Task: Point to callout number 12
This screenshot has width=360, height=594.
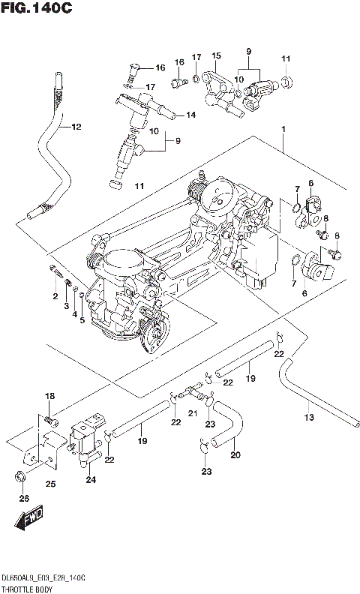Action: coord(75,127)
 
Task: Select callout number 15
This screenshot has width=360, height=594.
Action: coord(216,56)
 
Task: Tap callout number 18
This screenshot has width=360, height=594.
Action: coord(49,396)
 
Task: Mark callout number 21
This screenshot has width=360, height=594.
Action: coord(192,413)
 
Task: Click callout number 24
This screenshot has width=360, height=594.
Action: coord(91,480)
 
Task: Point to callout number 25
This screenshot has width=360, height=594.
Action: coord(50,484)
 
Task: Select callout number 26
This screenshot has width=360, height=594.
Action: coord(23,499)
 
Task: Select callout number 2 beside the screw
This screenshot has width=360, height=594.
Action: coord(55,297)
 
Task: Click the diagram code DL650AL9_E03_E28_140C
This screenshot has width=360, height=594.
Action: coord(43,578)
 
